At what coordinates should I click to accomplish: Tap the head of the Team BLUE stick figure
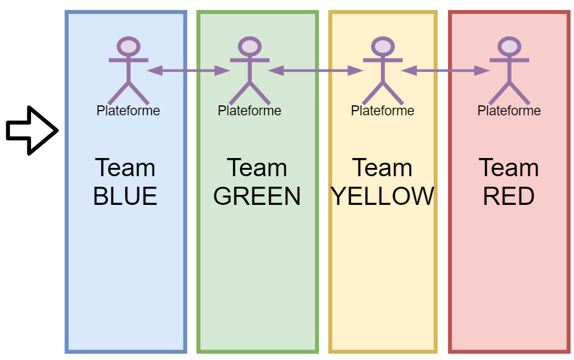[128, 46]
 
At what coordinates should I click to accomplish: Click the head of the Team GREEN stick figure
[250, 46]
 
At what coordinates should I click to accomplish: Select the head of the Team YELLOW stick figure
[382, 46]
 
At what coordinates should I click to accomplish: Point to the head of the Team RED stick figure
[509, 46]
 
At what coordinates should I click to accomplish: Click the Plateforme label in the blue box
[128, 110]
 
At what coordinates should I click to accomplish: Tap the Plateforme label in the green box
[250, 110]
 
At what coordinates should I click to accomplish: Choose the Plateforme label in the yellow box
[382, 110]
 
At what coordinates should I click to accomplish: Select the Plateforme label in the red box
[509, 110]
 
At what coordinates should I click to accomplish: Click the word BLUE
[125, 196]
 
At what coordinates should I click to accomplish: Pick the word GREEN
[257, 196]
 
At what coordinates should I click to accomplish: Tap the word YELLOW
[382, 196]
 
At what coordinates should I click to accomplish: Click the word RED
[509, 196]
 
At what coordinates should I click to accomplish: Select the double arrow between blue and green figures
[189, 71]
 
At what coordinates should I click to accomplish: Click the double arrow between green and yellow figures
[316, 71]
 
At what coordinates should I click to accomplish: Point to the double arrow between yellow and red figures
[446, 71]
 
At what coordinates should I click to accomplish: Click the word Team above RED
[509, 168]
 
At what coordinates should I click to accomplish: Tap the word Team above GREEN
[257, 168]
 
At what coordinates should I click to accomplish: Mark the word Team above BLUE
[125, 168]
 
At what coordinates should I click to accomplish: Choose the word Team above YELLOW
[382, 168]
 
